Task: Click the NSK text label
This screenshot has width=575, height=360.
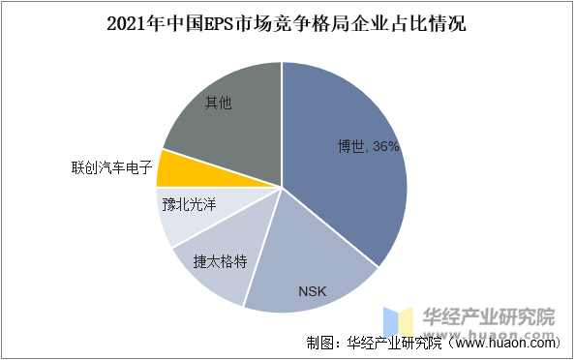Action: (313, 290)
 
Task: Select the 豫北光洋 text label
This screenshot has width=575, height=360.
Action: (189, 205)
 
